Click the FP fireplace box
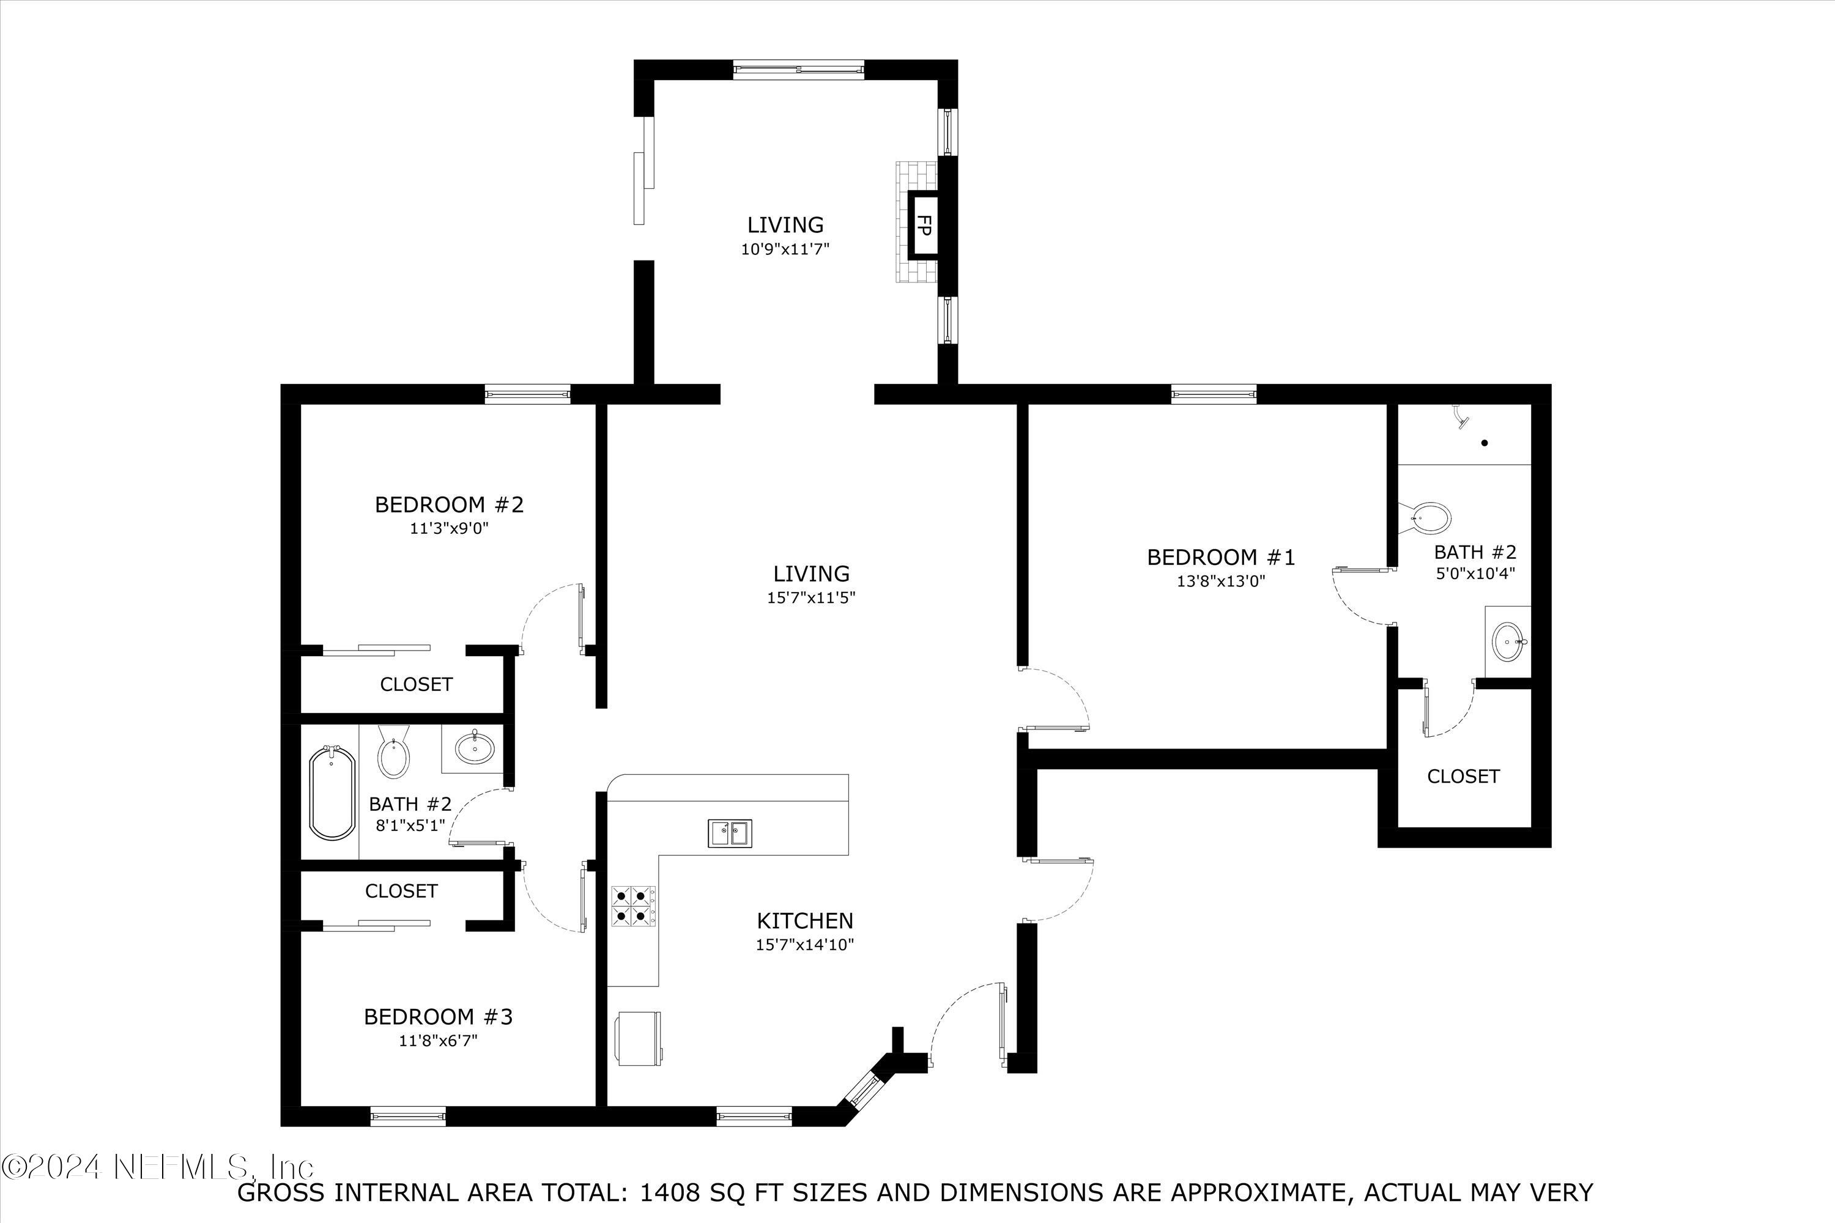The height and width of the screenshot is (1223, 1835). coord(922,226)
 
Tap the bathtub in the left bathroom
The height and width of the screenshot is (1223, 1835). coord(332,793)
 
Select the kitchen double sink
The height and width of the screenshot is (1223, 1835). coord(730,833)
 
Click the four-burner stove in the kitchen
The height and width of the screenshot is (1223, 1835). coord(632,905)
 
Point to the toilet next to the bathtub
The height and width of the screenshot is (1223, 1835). coord(394,753)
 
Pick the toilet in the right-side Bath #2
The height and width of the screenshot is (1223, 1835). coord(1428,518)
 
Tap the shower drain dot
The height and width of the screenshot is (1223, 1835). coord(1485,443)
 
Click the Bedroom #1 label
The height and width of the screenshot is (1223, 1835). coord(1221,557)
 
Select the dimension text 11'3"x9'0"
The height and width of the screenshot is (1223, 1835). coord(450,529)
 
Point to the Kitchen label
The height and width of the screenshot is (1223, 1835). coord(805,920)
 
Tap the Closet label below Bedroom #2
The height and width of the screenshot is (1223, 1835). coord(416,684)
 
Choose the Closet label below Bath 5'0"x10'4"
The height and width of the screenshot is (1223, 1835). coord(1463,776)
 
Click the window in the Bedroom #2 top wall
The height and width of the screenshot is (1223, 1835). coord(527,394)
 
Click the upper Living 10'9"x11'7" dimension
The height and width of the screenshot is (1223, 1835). coord(785,249)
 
